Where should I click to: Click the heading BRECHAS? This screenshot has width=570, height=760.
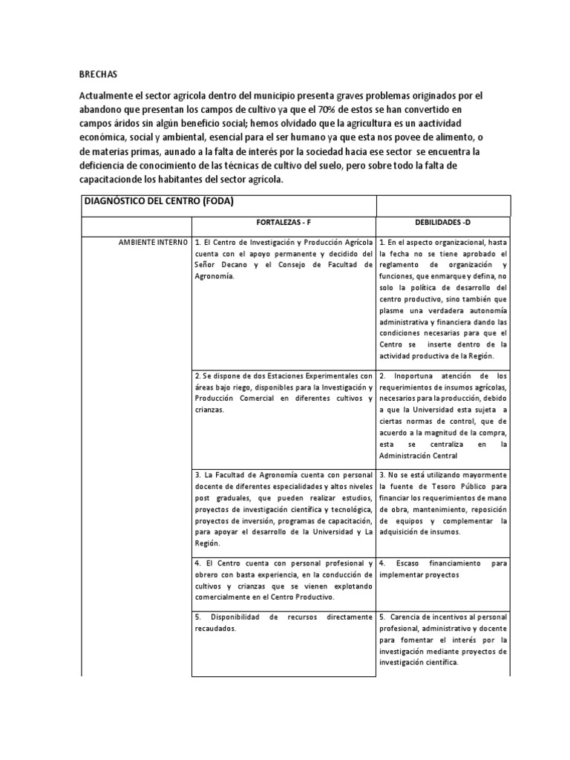tap(98, 75)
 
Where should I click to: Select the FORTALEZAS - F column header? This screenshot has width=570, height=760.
tap(284, 223)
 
